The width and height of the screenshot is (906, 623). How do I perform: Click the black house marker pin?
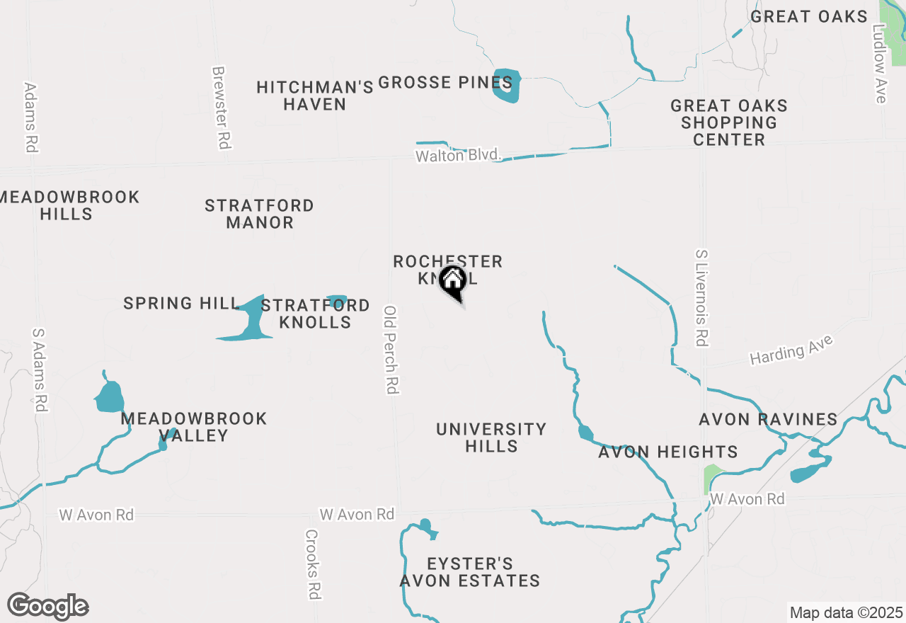click(452, 282)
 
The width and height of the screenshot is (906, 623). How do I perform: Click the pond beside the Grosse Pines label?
click(507, 86)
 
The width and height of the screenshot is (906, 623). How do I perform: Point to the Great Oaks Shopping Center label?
click(729, 122)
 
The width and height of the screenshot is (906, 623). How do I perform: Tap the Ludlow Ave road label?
click(880, 64)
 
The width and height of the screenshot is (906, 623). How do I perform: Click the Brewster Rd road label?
click(222, 108)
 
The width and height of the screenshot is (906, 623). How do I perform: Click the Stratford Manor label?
click(259, 214)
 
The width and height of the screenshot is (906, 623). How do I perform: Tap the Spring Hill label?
click(182, 304)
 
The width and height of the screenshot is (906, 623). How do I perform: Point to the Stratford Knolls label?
click(315, 314)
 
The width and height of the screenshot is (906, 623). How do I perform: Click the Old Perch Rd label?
click(391, 349)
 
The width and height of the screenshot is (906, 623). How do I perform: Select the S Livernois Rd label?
click(701, 297)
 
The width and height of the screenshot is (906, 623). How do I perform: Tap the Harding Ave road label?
click(791, 350)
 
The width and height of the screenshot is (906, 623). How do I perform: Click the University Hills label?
click(491, 438)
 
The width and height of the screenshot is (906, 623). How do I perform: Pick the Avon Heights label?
click(667, 452)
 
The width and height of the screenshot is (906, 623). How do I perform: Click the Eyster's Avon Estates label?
click(470, 572)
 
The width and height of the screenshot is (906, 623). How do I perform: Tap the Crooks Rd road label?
click(313, 564)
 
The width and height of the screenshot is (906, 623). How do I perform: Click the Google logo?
click(48, 606)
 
